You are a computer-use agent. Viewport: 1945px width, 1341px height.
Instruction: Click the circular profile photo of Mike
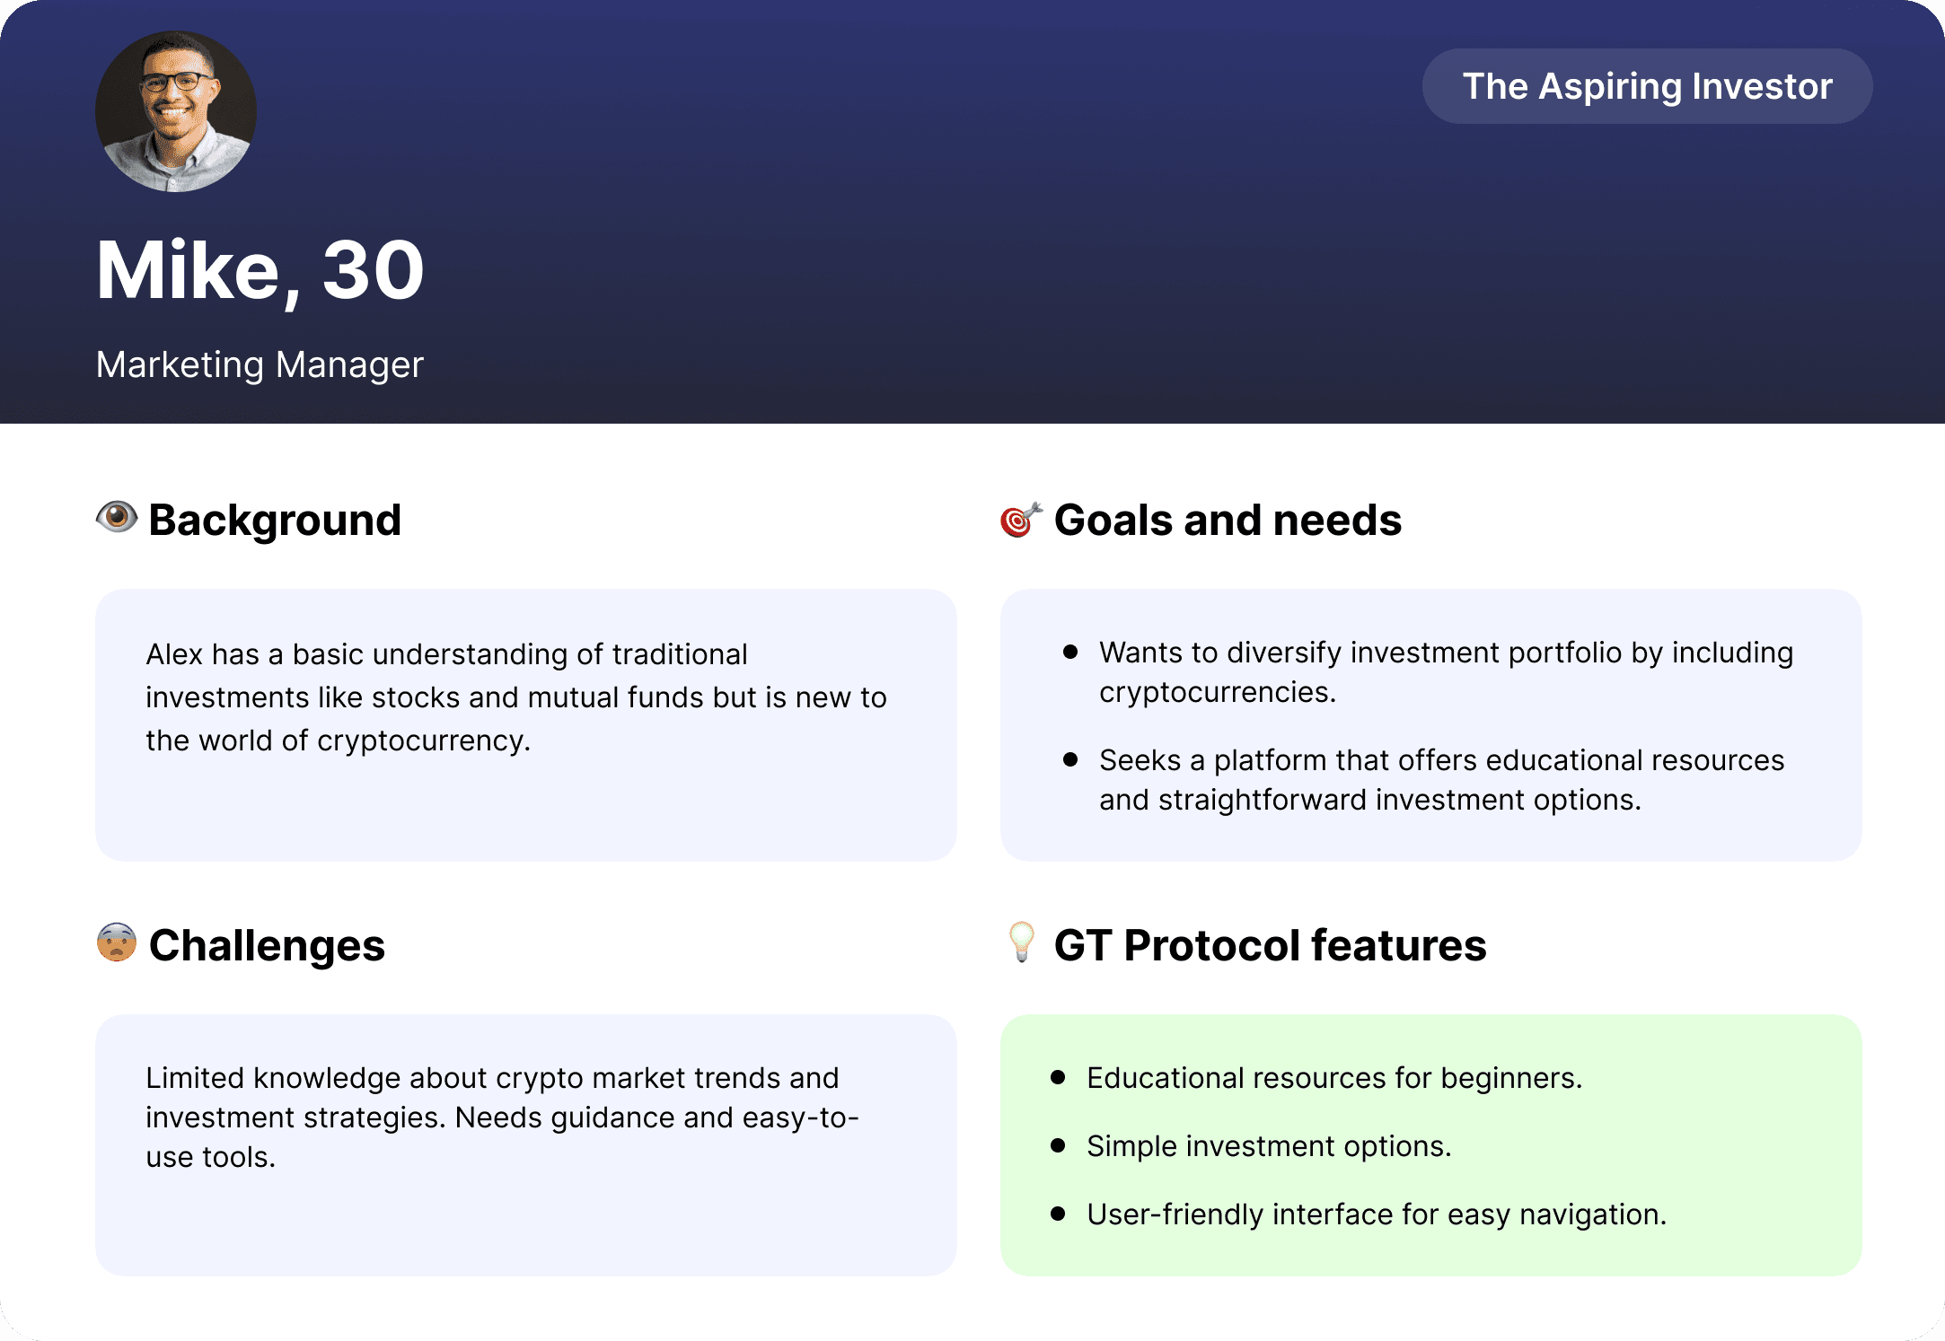(x=176, y=111)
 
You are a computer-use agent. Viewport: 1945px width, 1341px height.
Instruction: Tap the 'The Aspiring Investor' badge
(x=1647, y=86)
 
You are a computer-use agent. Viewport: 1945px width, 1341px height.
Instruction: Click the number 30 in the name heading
(x=373, y=270)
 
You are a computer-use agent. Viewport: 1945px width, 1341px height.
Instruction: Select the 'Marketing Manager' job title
(x=260, y=364)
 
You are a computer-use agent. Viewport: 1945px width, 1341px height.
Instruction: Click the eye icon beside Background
(x=117, y=517)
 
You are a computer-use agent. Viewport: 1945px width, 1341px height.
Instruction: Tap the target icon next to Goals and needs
(x=1021, y=519)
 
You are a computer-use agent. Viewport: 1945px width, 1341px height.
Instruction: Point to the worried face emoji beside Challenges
(x=117, y=942)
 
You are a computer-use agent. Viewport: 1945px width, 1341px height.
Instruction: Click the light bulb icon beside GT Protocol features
(x=1022, y=942)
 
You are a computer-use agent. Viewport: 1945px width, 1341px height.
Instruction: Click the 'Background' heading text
(x=275, y=521)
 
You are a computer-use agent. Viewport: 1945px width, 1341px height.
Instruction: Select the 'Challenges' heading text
(x=267, y=946)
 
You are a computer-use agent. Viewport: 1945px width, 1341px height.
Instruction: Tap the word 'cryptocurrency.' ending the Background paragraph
(x=424, y=741)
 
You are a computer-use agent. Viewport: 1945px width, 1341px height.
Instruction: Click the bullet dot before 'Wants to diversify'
(x=1070, y=652)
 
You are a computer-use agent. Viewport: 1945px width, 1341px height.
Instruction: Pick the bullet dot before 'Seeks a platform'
(x=1070, y=759)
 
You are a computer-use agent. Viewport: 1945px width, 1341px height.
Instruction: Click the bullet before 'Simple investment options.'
(x=1058, y=1145)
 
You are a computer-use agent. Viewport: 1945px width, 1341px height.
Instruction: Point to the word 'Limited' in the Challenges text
(x=195, y=1078)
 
